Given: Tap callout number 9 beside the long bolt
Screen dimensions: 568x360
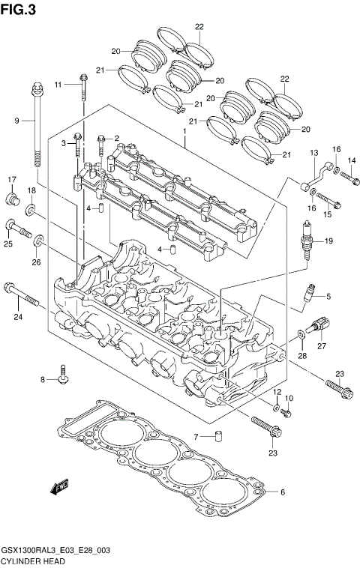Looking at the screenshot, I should tap(16, 121).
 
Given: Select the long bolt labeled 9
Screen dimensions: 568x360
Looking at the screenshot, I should tap(35, 127).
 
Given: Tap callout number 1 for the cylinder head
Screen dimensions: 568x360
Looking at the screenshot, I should tap(183, 131).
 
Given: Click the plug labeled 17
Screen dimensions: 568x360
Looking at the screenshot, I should tap(13, 198).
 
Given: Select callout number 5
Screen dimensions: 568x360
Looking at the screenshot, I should tap(328, 295).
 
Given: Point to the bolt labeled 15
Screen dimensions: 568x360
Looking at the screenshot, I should tap(330, 202).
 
